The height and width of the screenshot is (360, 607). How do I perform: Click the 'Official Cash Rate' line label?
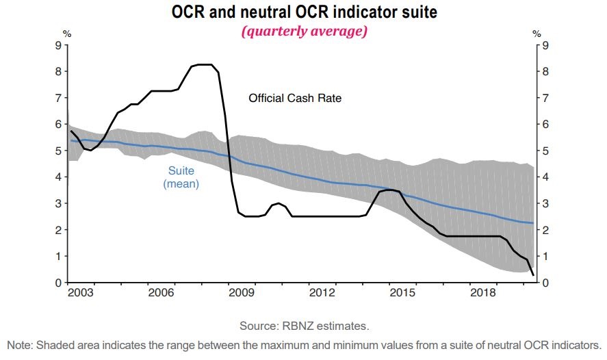(x=294, y=99)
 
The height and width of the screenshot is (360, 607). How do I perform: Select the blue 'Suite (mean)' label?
(x=181, y=177)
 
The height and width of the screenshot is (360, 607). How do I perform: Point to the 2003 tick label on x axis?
(x=82, y=293)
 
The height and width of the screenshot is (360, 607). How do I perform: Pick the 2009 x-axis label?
(x=242, y=293)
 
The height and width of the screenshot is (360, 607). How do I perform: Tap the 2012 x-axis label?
(x=322, y=293)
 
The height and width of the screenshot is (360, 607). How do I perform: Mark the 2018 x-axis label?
(x=482, y=293)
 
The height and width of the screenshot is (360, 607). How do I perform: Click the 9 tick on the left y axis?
(x=57, y=45)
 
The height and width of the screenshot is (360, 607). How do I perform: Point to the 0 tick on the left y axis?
(x=57, y=283)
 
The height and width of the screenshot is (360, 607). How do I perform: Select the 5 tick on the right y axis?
(x=545, y=151)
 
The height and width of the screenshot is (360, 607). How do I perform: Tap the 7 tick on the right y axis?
(x=545, y=98)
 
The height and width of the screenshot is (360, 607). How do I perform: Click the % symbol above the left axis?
(x=66, y=33)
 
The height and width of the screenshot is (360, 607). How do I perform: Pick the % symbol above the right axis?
(x=537, y=33)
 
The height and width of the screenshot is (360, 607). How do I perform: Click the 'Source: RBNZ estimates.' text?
(x=304, y=324)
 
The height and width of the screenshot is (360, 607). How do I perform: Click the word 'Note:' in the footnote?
(x=19, y=344)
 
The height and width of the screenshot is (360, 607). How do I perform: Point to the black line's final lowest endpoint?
(x=533, y=275)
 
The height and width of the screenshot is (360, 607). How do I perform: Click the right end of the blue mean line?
(x=533, y=223)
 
